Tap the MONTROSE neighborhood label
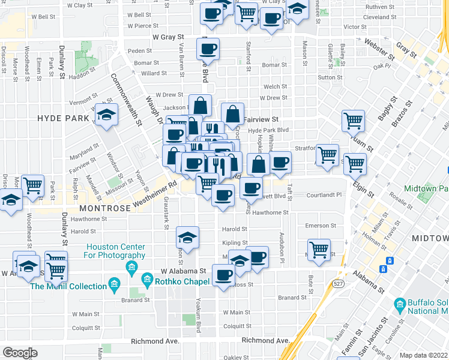point(105,208)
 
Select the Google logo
point(20,352)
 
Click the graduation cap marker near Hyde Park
point(106,115)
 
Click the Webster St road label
point(380,50)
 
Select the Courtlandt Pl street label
point(324,195)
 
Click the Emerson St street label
point(317,226)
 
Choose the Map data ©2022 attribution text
point(423,355)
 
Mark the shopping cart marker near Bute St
point(319,248)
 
